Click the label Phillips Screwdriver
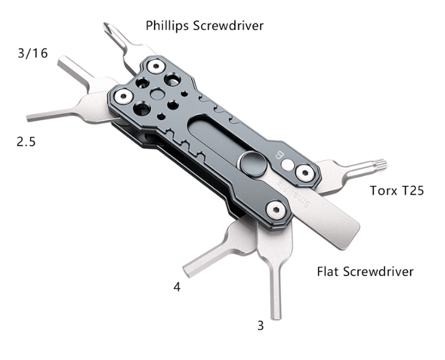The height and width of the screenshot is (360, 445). [204, 25]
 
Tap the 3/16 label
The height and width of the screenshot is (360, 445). [32, 53]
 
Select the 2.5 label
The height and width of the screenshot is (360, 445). [26, 141]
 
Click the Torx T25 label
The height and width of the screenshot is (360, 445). [397, 190]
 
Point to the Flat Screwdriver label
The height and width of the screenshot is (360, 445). [365, 272]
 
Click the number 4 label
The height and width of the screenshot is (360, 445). [177, 287]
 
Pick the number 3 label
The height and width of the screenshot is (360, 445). [261, 326]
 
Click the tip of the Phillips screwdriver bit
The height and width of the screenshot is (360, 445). [106, 25]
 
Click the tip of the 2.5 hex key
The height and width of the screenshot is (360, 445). [29, 118]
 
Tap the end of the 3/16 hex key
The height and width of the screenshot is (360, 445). [61, 61]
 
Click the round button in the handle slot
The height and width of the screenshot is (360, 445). [253, 164]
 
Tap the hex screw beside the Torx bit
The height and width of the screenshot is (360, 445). [305, 172]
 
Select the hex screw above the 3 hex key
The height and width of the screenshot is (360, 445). [276, 211]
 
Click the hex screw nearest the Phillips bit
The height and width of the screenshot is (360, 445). [156, 66]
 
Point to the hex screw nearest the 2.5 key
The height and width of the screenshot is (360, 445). [123, 96]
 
